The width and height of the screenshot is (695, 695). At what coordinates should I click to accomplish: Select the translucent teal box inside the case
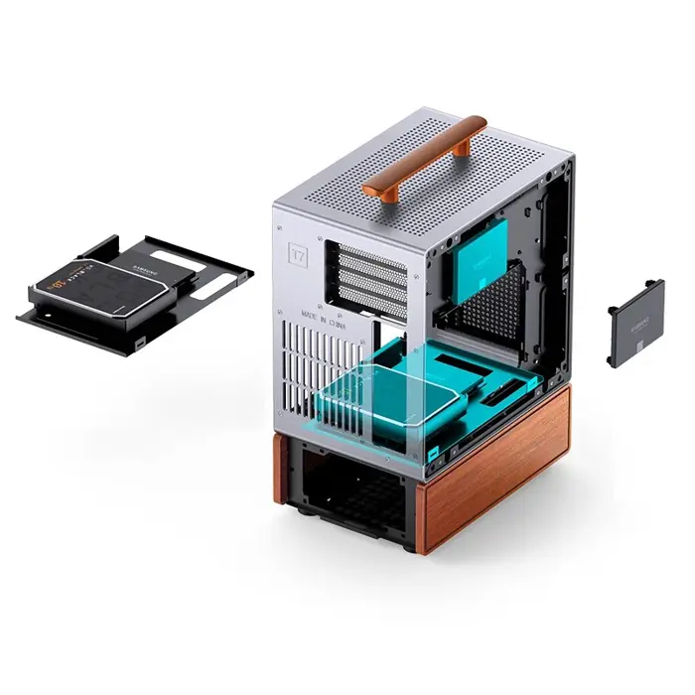[387, 397]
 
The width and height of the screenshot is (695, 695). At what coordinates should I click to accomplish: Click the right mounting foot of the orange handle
[463, 147]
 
